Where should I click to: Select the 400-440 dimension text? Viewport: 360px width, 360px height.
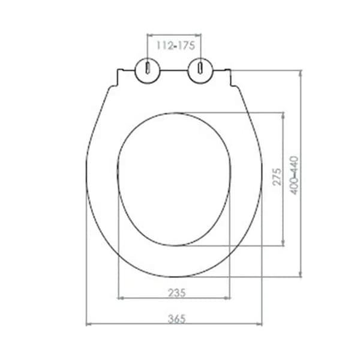pos(294,175)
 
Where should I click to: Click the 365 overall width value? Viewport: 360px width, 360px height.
pos(175,319)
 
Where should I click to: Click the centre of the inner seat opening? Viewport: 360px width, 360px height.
pos(174,179)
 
